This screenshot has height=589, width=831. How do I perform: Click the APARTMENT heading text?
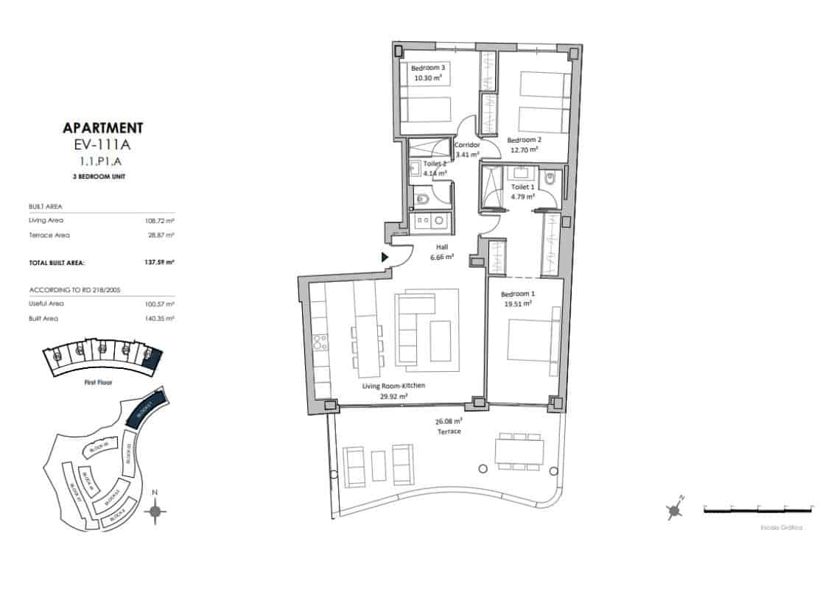pyautogui.click(x=103, y=128)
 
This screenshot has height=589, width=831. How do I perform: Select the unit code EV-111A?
pyautogui.click(x=103, y=144)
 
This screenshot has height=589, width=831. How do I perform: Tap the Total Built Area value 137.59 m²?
pyautogui.click(x=160, y=262)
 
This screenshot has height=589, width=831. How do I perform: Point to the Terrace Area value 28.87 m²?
pyautogui.click(x=160, y=235)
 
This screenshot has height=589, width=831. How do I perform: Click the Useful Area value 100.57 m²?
pyautogui.click(x=160, y=303)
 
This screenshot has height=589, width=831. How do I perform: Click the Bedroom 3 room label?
pyautogui.click(x=428, y=67)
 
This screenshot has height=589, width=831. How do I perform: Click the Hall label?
pyautogui.click(x=441, y=247)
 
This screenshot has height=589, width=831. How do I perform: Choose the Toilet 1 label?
pyautogui.click(x=524, y=187)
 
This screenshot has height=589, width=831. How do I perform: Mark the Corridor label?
pyautogui.click(x=467, y=145)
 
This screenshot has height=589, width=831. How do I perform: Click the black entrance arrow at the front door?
pyautogui.click(x=385, y=257)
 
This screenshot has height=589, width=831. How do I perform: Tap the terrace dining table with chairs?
pyautogui.click(x=519, y=451)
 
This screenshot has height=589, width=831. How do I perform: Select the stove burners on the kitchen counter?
pyautogui.click(x=320, y=342)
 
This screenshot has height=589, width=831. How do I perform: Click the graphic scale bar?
pyautogui.click(x=758, y=509)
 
